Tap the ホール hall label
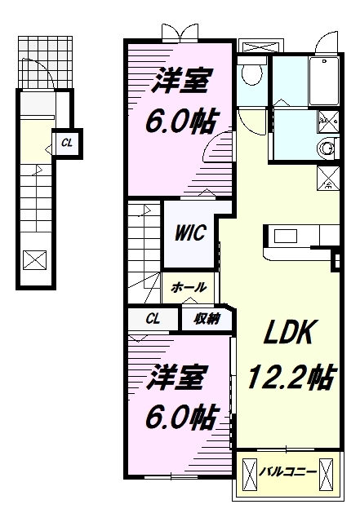[x=189, y=287]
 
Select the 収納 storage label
[x=207, y=319]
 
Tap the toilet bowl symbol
[x=251, y=74]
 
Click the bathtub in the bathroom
[x=324, y=82]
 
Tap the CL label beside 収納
[x=153, y=319]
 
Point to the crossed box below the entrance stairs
[x=35, y=260]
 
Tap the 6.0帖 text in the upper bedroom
[x=180, y=122]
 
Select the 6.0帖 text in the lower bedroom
[x=180, y=418]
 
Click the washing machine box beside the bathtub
[x=328, y=121]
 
